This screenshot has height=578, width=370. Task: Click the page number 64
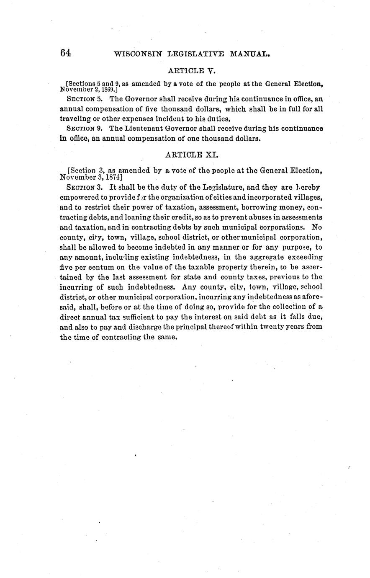tap(66, 53)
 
